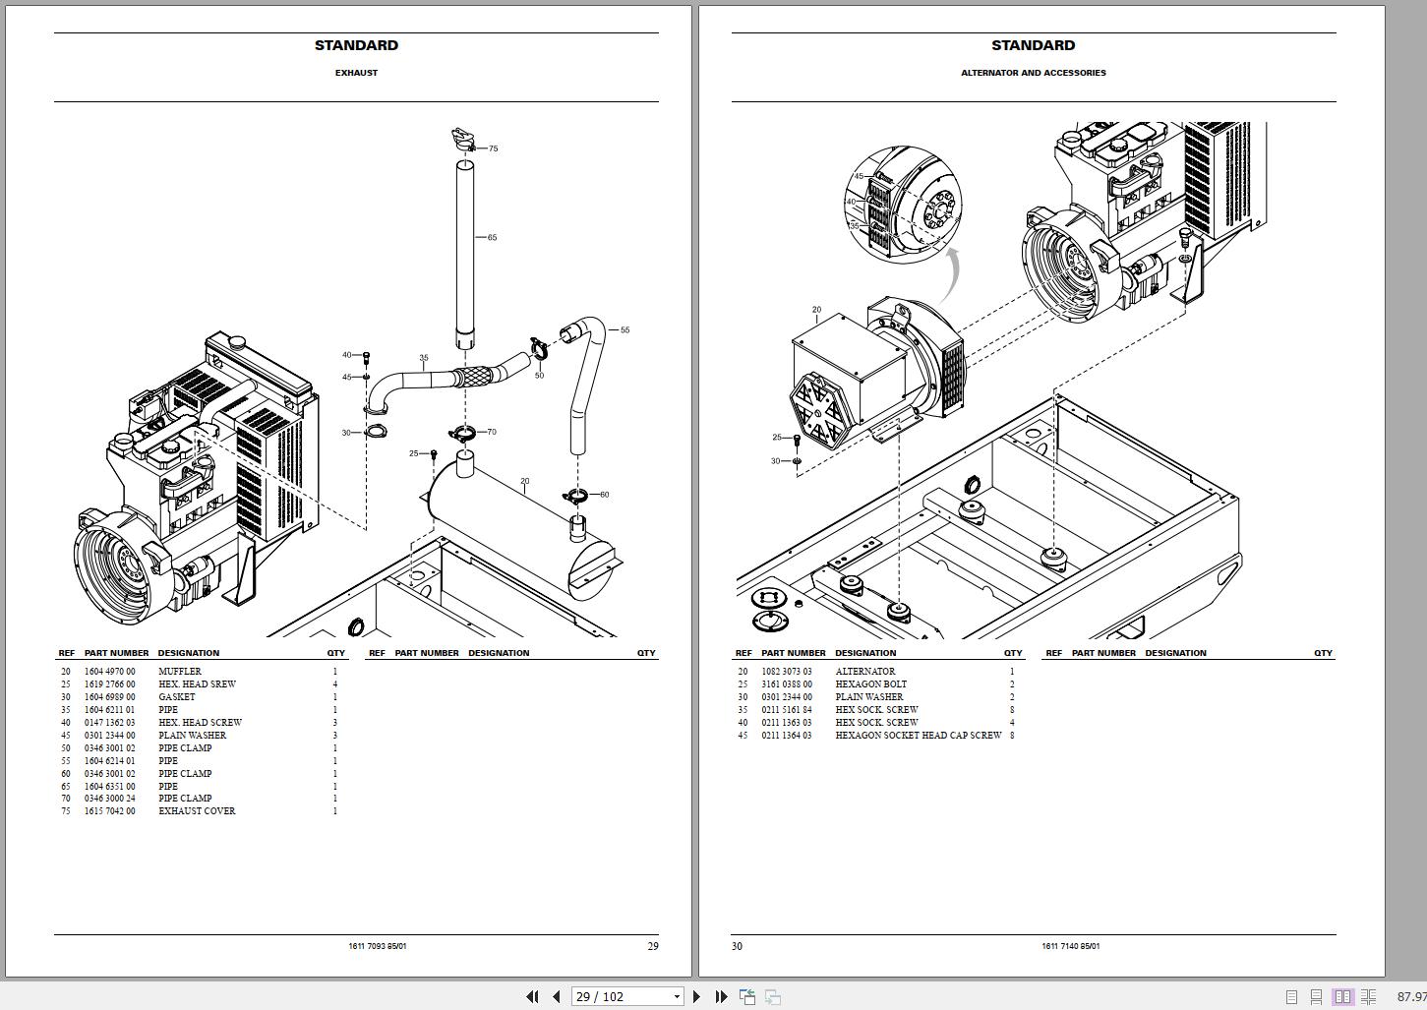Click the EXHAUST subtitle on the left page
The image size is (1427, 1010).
(356, 73)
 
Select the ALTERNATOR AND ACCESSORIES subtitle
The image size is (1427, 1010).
(1033, 73)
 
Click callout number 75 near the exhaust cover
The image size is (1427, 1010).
(493, 149)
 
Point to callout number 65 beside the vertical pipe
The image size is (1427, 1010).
(492, 237)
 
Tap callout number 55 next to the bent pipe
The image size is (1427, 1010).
(624, 330)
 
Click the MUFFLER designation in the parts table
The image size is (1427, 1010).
(180, 672)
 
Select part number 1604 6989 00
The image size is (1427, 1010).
(110, 697)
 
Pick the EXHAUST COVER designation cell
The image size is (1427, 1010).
(197, 811)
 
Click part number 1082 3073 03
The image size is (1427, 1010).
(787, 672)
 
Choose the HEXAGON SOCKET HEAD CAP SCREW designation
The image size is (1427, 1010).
(919, 736)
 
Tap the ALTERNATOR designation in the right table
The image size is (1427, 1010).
(865, 672)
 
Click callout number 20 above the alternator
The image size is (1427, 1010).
(816, 310)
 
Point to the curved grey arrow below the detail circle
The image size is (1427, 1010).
(948, 275)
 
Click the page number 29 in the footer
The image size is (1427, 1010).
(653, 946)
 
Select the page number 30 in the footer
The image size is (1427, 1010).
(737, 946)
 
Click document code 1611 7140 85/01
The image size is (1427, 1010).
(1070, 946)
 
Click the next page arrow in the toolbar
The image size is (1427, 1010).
(697, 996)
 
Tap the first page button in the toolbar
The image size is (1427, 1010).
(532, 996)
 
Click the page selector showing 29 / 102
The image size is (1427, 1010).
(626, 996)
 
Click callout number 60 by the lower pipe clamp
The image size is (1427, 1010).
(604, 495)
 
